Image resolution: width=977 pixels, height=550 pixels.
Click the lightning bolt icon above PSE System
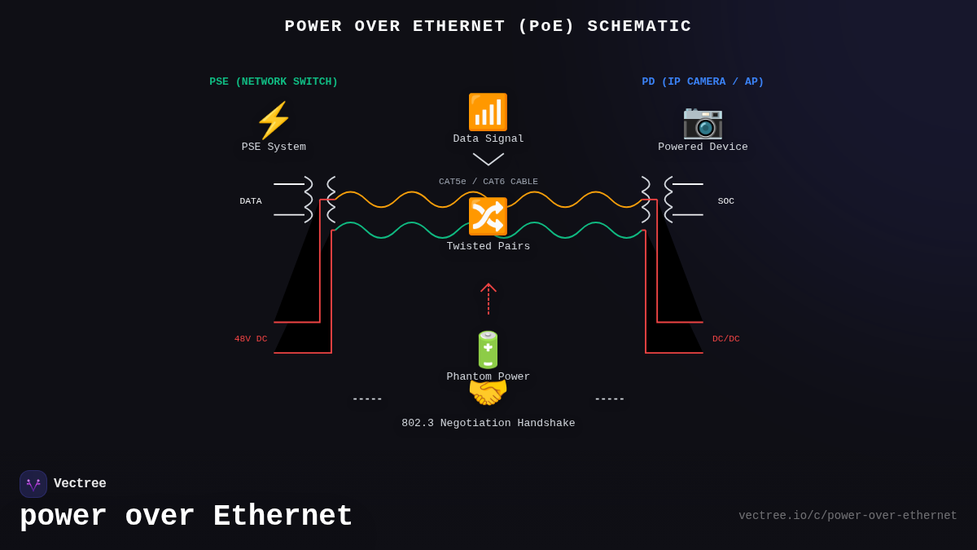pyautogui.click(x=274, y=121)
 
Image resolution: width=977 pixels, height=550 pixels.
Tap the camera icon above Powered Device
pyautogui.click(x=703, y=121)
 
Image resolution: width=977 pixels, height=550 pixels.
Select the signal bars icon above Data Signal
pyautogui.click(x=488, y=112)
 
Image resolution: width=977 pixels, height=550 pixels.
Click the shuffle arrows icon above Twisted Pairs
pyautogui.click(x=488, y=217)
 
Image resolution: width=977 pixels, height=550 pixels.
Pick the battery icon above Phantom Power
pyautogui.click(x=488, y=350)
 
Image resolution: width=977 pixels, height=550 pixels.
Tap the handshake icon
pyautogui.click(x=488, y=394)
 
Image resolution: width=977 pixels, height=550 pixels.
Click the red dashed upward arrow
pyautogui.click(x=488, y=298)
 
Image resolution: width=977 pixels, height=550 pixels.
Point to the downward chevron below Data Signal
pyautogui.click(x=488, y=159)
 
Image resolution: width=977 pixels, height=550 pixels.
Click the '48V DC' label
pyautogui.click(x=251, y=339)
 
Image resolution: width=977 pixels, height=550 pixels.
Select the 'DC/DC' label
pyautogui.click(x=726, y=339)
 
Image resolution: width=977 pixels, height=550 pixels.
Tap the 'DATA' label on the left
pyautogui.click(x=251, y=201)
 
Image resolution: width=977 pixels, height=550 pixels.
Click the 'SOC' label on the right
pyautogui.click(x=725, y=201)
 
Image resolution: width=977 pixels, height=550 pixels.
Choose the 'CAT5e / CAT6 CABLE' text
pyautogui.click(x=488, y=182)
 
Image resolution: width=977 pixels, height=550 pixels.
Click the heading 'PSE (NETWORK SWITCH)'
pyautogui.click(x=274, y=81)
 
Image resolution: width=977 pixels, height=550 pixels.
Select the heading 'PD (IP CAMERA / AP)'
pyautogui.click(x=703, y=81)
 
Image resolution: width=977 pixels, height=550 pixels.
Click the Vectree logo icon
pyautogui.click(x=33, y=484)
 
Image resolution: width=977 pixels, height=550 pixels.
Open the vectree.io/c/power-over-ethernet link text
pyautogui.click(x=848, y=516)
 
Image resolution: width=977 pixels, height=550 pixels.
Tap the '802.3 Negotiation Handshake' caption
pyautogui.click(x=488, y=424)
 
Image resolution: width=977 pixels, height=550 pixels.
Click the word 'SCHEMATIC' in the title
pyautogui.click(x=639, y=26)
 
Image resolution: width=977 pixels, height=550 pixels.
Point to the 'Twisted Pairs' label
pyautogui.click(x=488, y=246)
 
